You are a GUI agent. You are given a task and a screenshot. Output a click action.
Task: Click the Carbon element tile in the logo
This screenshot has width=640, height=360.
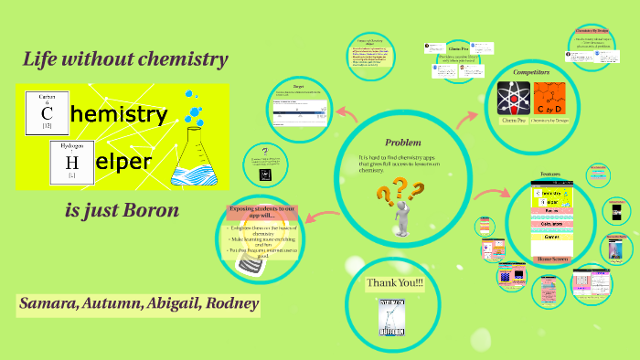(x=46, y=111)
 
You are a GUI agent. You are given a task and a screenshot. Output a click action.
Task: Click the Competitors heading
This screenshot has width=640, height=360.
(x=531, y=71)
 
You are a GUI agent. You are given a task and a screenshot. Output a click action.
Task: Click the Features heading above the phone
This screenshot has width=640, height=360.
(x=549, y=174)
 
